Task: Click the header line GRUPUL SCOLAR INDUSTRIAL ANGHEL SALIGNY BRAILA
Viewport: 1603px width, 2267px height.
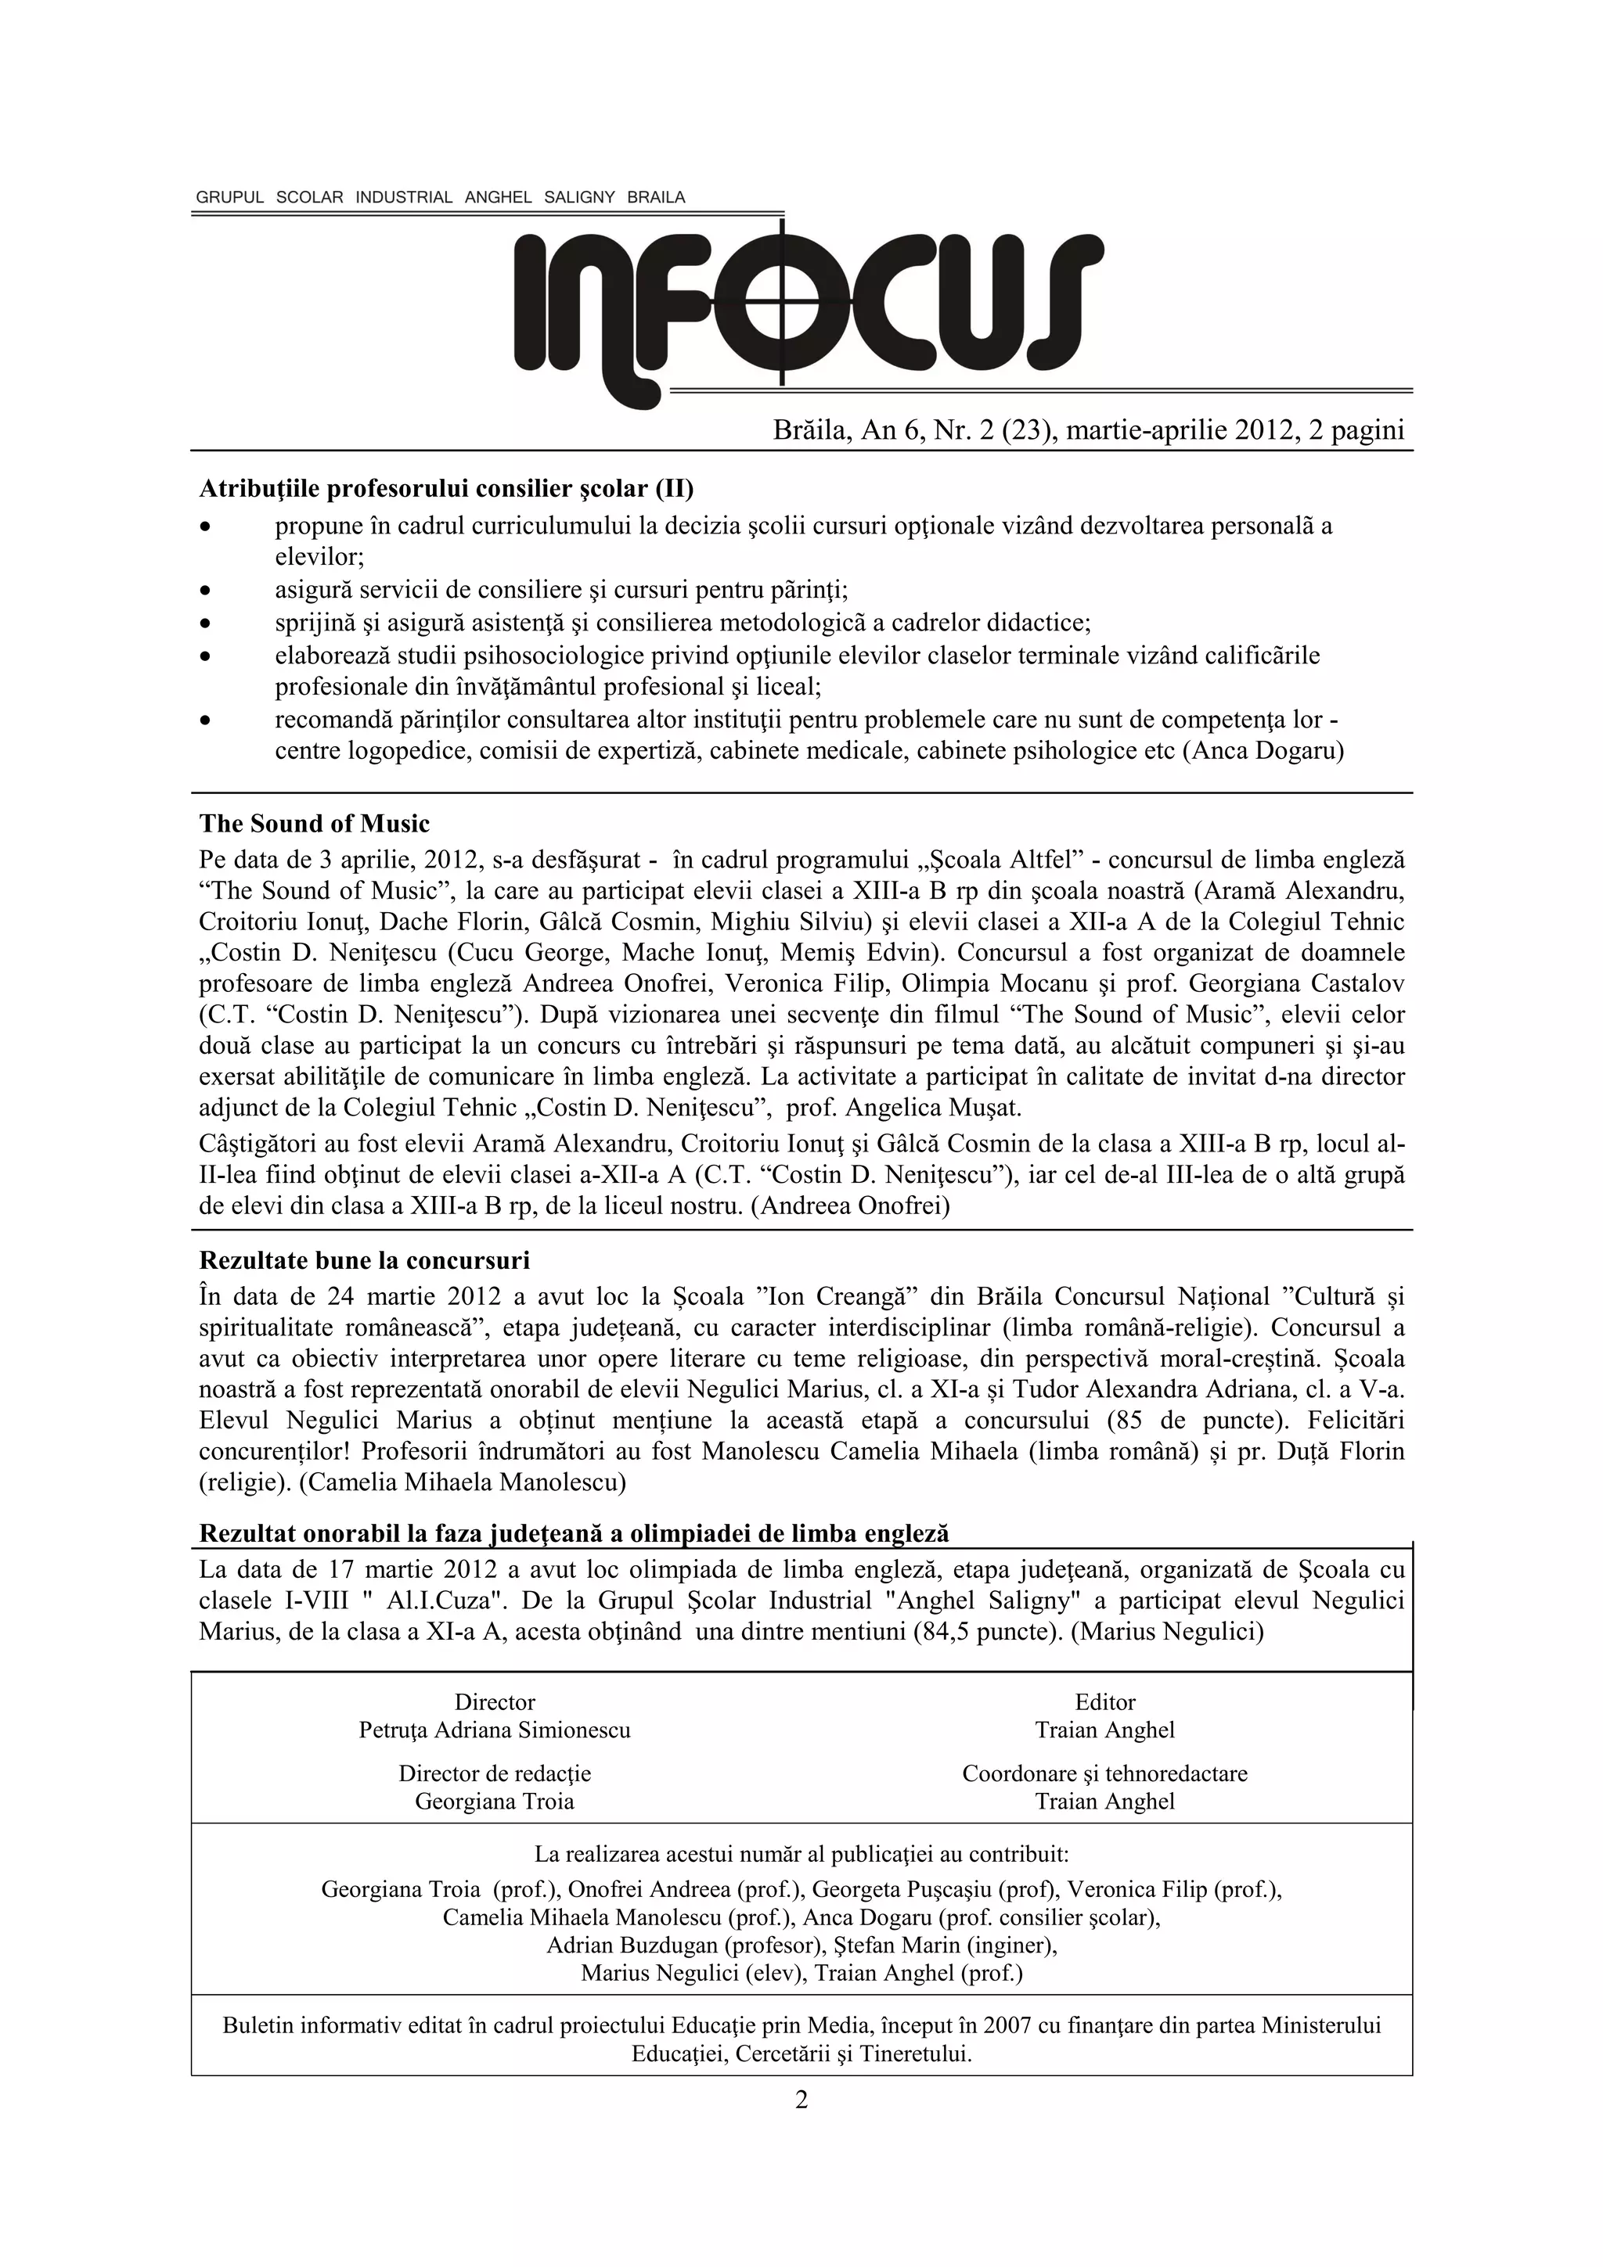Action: click(x=440, y=197)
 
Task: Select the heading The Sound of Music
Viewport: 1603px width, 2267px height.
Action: click(x=314, y=824)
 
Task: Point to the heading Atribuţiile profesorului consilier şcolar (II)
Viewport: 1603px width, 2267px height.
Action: click(x=446, y=489)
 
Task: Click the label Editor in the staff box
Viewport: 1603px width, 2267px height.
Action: click(x=1104, y=1701)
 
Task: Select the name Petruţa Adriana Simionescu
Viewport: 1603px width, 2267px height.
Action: click(x=494, y=1730)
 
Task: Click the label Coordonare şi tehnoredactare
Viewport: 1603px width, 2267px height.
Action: click(x=1104, y=1773)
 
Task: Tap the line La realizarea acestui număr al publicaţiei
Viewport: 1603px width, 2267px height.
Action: click(x=801, y=1854)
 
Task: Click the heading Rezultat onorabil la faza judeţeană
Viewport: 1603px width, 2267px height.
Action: click(x=573, y=1533)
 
